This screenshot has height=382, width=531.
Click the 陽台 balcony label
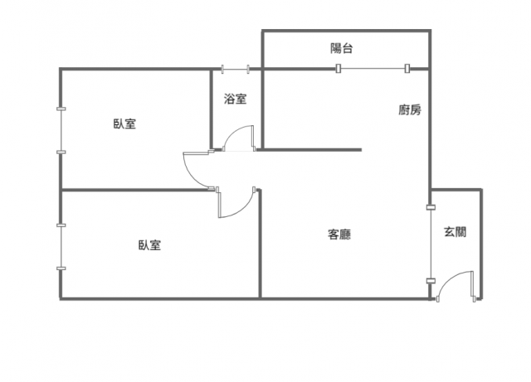tap(341, 48)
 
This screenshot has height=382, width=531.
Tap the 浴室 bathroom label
tap(235, 99)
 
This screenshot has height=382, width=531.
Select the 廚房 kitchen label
tap(410, 109)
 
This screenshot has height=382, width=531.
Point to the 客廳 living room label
tap(339, 235)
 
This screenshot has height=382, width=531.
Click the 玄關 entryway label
tap(455, 232)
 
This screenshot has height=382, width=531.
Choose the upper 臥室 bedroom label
tap(124, 123)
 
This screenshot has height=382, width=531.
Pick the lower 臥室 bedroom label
tap(149, 244)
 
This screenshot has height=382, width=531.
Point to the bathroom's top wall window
tap(236, 69)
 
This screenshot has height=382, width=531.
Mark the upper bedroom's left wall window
tap(61, 131)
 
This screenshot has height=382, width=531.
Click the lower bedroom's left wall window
tap(61, 247)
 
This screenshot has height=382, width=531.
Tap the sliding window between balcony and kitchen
tap(373, 68)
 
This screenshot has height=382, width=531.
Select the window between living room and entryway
tap(431, 244)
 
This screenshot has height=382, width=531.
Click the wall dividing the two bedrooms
tap(135, 190)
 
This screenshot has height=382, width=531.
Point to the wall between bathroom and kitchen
tap(262, 109)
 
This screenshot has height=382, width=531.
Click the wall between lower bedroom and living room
tap(260, 244)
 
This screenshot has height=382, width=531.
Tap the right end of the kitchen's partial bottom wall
tap(361, 149)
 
